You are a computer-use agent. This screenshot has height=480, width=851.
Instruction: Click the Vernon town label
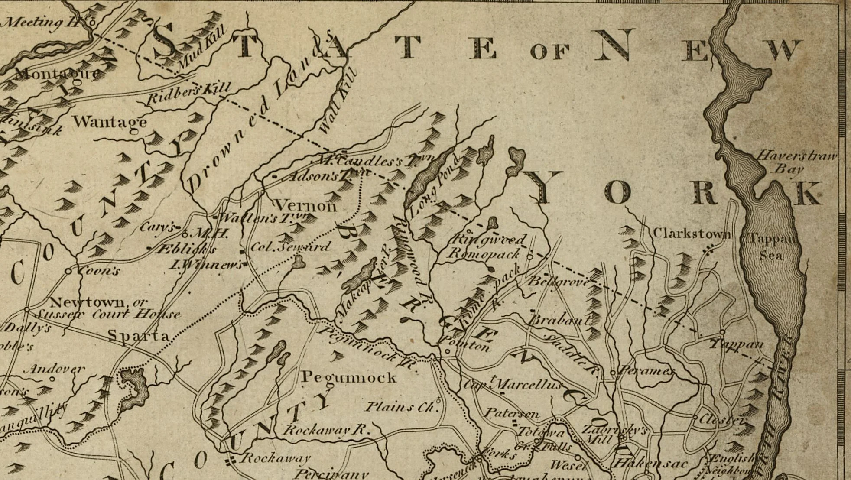306,205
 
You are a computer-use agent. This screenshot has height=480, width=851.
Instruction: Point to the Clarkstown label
692,234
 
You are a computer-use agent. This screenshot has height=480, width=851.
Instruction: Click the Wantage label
110,121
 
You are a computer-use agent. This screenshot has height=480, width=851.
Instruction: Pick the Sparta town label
138,335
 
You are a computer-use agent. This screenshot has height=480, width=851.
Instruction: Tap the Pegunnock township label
349,377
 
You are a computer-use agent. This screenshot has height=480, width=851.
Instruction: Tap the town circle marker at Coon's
68,271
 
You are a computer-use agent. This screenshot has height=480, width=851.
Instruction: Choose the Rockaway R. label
326,430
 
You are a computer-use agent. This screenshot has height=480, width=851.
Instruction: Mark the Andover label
54,369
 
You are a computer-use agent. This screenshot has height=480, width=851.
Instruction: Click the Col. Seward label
290,247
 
